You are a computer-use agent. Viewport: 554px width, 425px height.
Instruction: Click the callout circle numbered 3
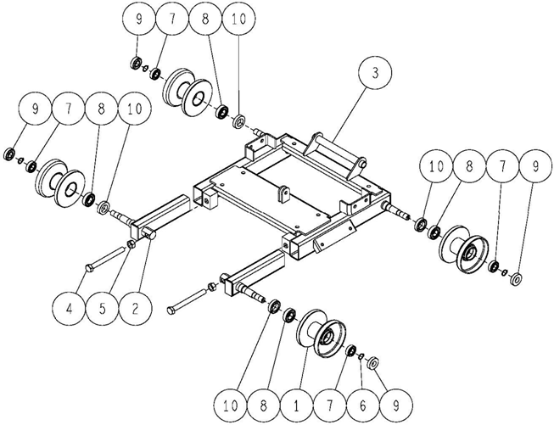click(x=375, y=73)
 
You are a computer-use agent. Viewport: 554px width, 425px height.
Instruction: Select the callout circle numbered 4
click(x=69, y=310)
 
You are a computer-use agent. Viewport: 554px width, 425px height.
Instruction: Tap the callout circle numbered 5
click(x=102, y=310)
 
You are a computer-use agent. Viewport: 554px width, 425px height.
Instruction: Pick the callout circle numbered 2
click(x=136, y=310)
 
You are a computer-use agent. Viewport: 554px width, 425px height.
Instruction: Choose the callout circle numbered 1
click(x=296, y=406)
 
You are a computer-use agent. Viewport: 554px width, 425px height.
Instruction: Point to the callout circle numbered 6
click(x=362, y=406)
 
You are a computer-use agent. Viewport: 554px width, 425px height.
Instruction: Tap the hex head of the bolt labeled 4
click(x=89, y=269)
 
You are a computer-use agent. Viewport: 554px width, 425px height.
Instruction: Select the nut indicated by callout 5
click(x=132, y=243)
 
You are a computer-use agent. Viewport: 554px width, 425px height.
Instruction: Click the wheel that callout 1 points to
click(x=321, y=334)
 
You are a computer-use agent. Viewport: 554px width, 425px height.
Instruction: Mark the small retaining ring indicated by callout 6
click(x=361, y=356)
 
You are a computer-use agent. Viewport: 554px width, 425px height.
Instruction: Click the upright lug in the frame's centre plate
click(x=283, y=194)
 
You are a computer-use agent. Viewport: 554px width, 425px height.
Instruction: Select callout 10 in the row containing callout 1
click(x=231, y=406)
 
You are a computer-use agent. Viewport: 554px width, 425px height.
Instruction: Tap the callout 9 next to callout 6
click(x=395, y=406)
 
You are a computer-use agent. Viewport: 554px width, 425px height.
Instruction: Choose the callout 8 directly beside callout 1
click(x=263, y=406)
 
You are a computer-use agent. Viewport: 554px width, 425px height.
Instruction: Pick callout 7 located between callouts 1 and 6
click(x=329, y=406)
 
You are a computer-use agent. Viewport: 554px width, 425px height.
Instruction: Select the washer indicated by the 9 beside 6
click(x=373, y=362)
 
